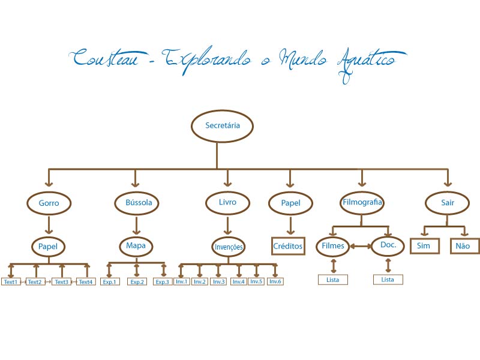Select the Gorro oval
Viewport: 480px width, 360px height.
[x=49, y=203]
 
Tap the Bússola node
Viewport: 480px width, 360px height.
[x=137, y=203]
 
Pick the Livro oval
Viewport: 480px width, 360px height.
[x=227, y=202]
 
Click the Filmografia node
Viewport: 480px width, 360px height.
[x=361, y=202]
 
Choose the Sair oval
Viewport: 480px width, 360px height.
[x=448, y=203]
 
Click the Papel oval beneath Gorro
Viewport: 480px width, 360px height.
[x=47, y=246]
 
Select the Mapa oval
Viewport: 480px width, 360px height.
[x=136, y=246]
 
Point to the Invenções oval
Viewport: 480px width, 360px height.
[x=228, y=247]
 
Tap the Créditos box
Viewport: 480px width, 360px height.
[x=289, y=246]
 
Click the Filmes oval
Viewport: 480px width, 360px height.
[x=333, y=246]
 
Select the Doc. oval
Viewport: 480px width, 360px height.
[x=388, y=246]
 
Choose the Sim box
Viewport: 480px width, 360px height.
[x=424, y=246]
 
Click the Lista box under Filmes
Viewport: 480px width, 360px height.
[x=333, y=280]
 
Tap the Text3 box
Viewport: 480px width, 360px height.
[x=61, y=281]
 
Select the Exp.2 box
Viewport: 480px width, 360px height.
[x=137, y=281]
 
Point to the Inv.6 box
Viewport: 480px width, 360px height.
[x=275, y=281]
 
